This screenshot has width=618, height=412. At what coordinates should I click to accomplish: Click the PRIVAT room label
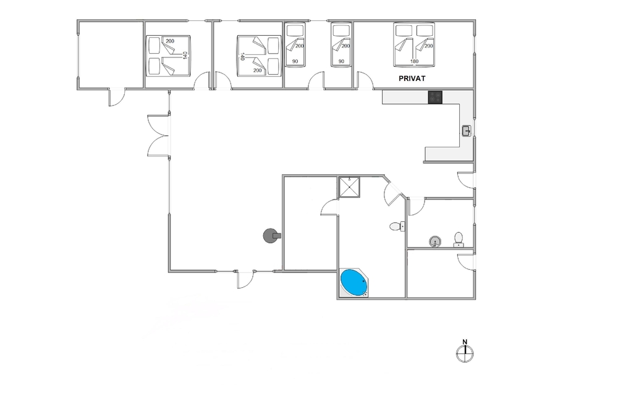point(412,78)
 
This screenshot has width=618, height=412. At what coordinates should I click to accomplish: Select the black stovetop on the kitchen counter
point(435,98)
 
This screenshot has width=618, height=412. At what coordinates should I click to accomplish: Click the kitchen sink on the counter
point(467,131)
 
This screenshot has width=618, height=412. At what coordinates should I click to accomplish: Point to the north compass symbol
point(465,351)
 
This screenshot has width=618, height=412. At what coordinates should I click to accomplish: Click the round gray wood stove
point(271,235)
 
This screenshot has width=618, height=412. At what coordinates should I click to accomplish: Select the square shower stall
point(350,187)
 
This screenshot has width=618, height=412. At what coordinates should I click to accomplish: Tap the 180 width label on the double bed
point(414,61)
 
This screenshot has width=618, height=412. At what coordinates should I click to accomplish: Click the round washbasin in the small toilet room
point(434,242)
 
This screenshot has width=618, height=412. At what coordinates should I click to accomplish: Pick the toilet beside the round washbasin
point(459,240)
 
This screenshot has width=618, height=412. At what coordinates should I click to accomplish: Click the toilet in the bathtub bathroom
point(397,227)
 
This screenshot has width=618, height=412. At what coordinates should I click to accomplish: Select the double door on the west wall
point(158,136)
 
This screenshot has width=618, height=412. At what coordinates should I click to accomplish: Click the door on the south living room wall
point(245,279)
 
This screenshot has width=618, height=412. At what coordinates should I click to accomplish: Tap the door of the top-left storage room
point(117,98)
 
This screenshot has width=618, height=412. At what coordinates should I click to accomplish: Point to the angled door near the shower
point(394,192)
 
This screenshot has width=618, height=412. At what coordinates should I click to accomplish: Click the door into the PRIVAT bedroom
point(365,80)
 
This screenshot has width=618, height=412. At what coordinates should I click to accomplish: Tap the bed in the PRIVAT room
point(414,44)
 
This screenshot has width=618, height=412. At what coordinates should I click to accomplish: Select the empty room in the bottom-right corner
point(440,274)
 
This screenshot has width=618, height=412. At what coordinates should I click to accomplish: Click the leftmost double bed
point(168,56)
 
